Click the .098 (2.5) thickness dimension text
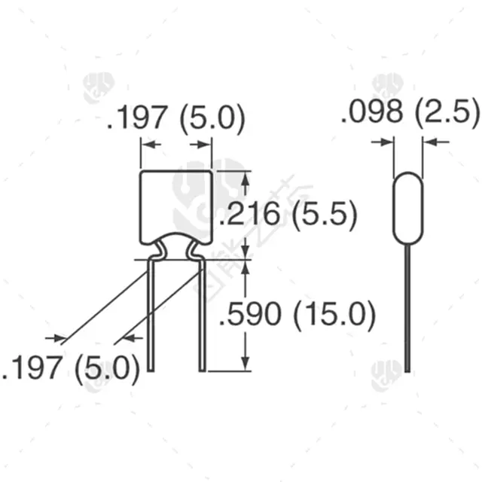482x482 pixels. (410, 112)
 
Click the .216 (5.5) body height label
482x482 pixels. (288, 214)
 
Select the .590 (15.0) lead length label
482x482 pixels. (297, 314)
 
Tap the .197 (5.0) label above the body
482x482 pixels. (175, 118)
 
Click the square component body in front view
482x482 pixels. (176, 206)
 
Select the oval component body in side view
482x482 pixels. (408, 208)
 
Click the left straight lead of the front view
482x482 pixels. (151, 316)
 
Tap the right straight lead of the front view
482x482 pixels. (202, 316)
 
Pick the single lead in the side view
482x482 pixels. (407, 308)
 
